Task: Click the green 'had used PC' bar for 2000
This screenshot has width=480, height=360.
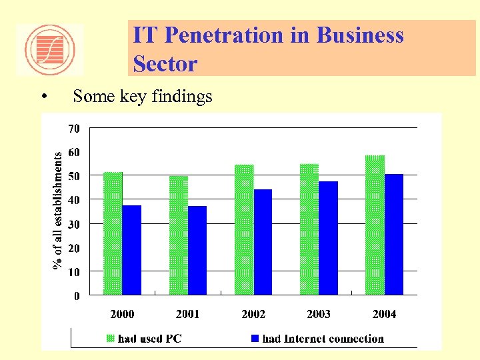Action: click(113, 233)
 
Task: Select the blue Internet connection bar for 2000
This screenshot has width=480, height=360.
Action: click(132, 250)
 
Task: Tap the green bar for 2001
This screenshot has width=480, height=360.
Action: click(179, 235)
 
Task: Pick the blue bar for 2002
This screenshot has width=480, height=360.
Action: click(263, 242)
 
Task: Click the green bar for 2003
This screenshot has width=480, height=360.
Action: click(309, 229)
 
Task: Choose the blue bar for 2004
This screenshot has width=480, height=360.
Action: click(393, 234)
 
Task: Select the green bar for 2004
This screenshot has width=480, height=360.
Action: click(375, 225)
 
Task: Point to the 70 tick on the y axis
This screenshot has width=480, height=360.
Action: click(73, 127)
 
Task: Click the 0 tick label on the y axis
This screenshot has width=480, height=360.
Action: click(77, 296)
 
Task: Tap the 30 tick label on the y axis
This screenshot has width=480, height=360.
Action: click(73, 224)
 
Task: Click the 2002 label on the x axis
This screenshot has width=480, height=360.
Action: click(253, 314)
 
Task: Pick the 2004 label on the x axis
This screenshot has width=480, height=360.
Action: click(384, 314)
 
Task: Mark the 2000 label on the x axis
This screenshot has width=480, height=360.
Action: click(122, 314)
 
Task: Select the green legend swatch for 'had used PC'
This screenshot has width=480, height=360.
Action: click(111, 339)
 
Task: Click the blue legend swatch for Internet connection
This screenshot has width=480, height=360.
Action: click(255, 339)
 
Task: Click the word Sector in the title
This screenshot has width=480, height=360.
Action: click(165, 64)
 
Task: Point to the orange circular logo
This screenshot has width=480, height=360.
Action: click(50, 49)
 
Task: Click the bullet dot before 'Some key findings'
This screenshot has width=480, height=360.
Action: click(43, 97)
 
